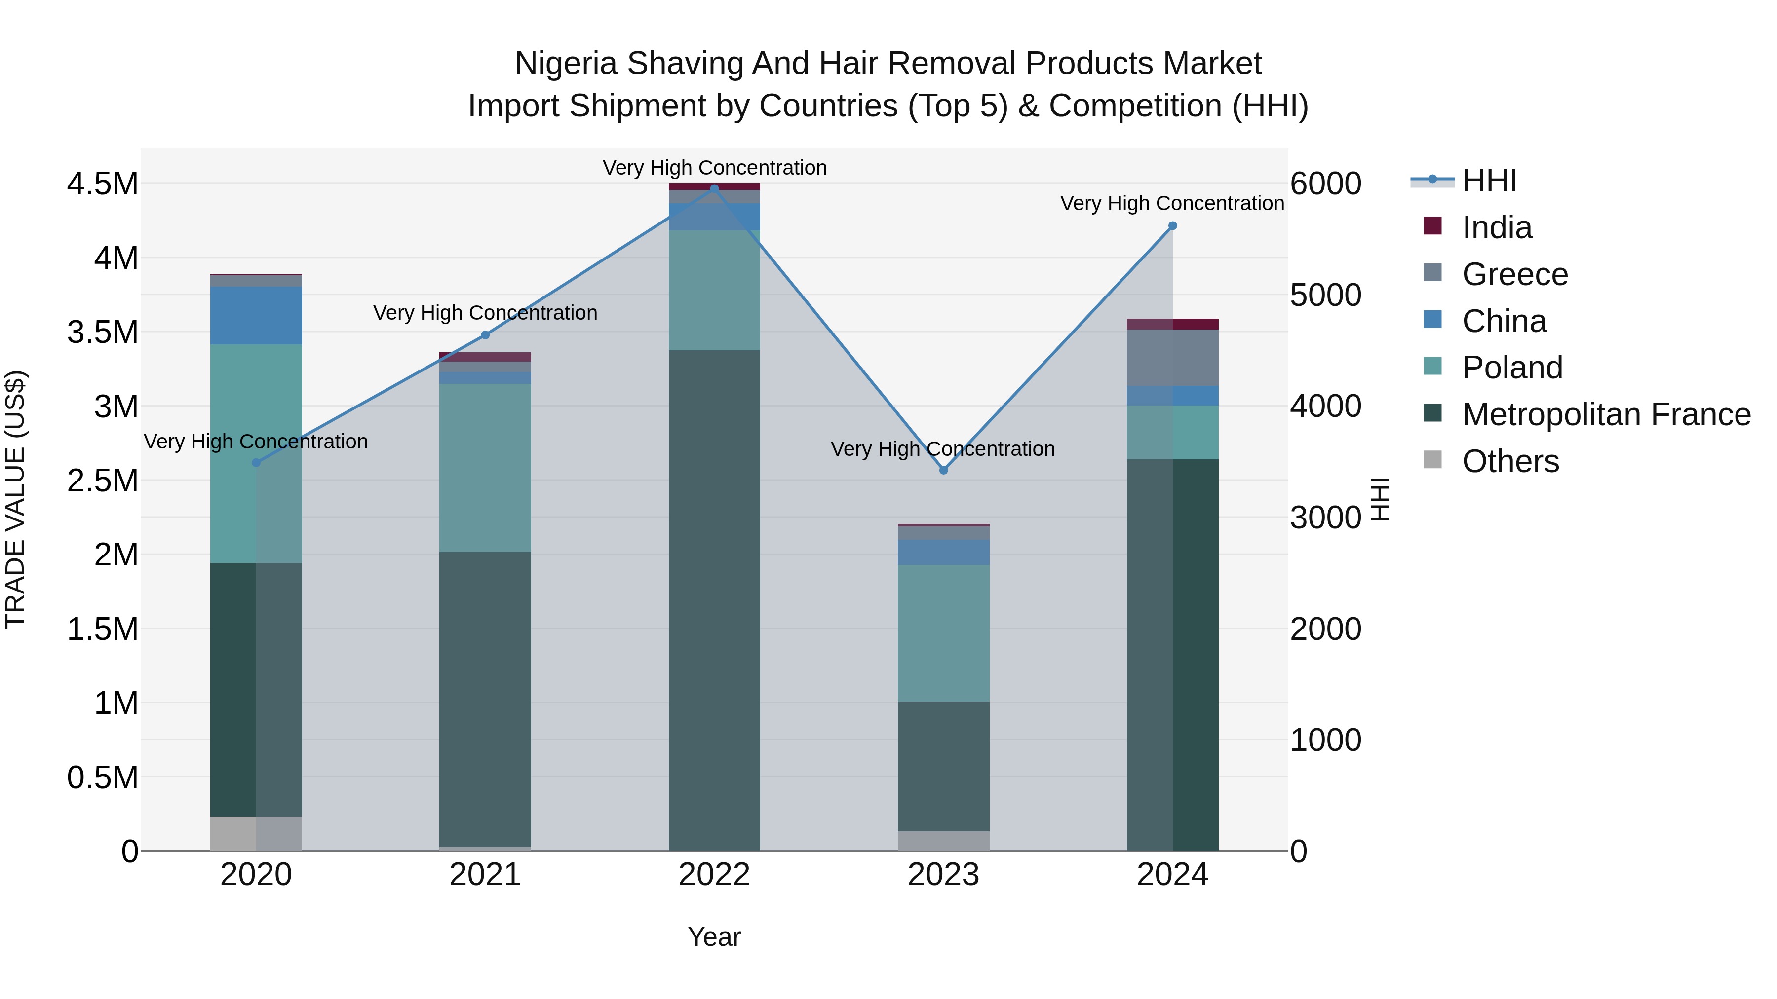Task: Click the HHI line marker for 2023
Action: (x=944, y=470)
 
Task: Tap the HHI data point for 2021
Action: (x=485, y=335)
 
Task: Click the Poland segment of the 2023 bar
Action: (x=944, y=633)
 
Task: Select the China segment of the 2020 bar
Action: (x=256, y=315)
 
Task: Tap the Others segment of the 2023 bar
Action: (x=944, y=841)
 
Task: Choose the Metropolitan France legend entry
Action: (x=1605, y=414)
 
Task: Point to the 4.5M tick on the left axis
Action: (x=102, y=184)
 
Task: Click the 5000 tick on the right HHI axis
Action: (x=1325, y=295)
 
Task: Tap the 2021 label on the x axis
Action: (x=485, y=875)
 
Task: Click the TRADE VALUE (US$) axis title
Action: (x=15, y=499)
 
